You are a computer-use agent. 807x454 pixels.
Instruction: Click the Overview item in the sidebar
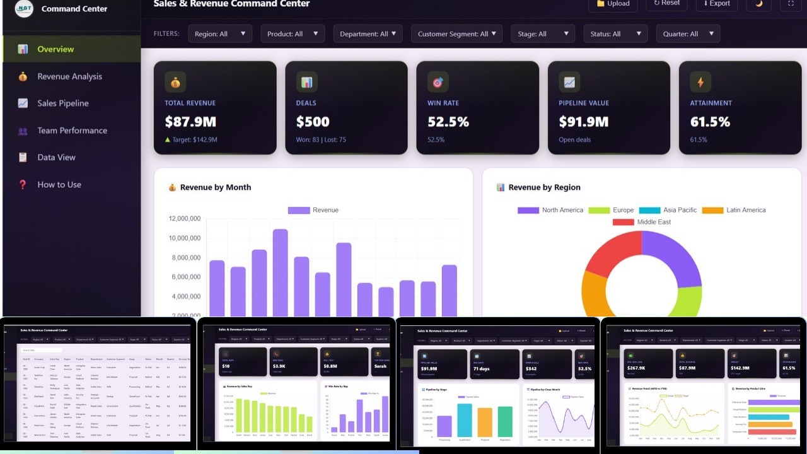click(x=55, y=49)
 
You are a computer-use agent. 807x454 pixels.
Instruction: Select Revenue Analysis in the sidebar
click(x=69, y=76)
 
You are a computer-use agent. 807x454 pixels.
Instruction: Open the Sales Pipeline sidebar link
click(x=62, y=103)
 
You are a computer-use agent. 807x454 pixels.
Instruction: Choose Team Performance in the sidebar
click(x=72, y=131)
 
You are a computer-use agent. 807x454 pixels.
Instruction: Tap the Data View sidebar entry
click(x=56, y=158)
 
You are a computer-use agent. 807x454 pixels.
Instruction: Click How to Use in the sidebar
click(x=59, y=185)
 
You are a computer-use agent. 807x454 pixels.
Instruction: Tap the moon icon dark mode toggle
click(x=758, y=3)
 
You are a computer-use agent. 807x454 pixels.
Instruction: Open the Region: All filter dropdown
click(x=219, y=34)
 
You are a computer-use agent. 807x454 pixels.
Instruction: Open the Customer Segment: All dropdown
click(x=456, y=34)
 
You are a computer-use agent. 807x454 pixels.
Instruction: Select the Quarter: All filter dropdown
click(x=687, y=34)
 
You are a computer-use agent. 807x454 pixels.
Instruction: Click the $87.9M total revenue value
click(x=190, y=122)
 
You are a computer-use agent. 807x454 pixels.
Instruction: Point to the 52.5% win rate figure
click(x=448, y=122)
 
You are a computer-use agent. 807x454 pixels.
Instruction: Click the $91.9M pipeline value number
click(x=583, y=122)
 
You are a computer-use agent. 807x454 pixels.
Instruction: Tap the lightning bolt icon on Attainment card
click(x=700, y=82)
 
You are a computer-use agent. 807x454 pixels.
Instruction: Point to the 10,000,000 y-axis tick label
click(x=185, y=238)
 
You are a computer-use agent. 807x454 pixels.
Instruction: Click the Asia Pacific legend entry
click(x=668, y=210)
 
